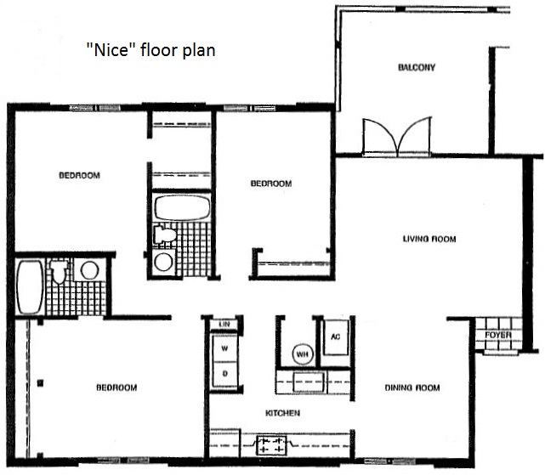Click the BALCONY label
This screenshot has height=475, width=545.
pos(417,67)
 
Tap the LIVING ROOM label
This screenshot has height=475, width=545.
pos(429,239)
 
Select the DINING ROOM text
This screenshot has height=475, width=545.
pos(412,387)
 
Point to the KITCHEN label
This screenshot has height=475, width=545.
pos(282,413)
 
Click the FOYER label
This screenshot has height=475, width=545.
pos(498,335)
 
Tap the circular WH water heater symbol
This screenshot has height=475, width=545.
pos(303,354)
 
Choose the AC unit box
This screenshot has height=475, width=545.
pos(336,337)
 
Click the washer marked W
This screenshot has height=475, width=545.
pos(224,348)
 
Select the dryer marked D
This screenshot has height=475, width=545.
pos(224,374)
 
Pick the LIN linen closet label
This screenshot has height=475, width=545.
pos(224,325)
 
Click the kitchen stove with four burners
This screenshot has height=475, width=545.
pos(271,445)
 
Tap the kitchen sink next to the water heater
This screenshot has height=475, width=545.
pos(309,382)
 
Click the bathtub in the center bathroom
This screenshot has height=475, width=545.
pos(182,207)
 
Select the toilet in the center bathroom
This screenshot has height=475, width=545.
pos(165,235)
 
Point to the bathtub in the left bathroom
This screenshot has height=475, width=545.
pos(31,287)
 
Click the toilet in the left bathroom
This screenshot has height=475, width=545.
pos(59,270)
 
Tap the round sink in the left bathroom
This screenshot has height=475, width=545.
pos(89,270)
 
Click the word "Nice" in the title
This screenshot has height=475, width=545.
pos(108,49)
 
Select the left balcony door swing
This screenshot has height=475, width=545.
pos(380,136)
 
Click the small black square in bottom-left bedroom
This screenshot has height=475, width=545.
pos(40,383)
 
